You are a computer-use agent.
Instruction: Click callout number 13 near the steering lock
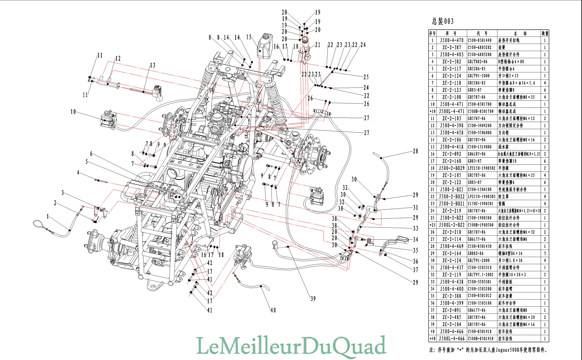coord(152,65)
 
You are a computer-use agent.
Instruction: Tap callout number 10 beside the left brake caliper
coord(73,112)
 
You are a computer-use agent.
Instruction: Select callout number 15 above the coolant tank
coord(249,37)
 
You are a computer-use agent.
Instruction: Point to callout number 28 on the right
coord(415,151)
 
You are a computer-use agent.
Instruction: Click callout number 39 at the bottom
coord(313,299)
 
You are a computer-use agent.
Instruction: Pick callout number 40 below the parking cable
coord(273,310)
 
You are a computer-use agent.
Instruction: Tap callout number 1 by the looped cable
coord(47,217)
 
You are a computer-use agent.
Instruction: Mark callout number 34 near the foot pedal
coord(415,239)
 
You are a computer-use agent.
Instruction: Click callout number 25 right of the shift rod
coord(366,77)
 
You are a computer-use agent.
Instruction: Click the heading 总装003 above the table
coord(443,21)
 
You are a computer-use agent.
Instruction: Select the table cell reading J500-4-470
coord(452,40)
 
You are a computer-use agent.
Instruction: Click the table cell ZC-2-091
coord(452,310)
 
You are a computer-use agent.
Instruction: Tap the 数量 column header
coord(545,34)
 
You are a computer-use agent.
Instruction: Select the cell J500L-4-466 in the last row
coord(452,339)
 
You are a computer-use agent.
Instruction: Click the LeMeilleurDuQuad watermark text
coord(291,346)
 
